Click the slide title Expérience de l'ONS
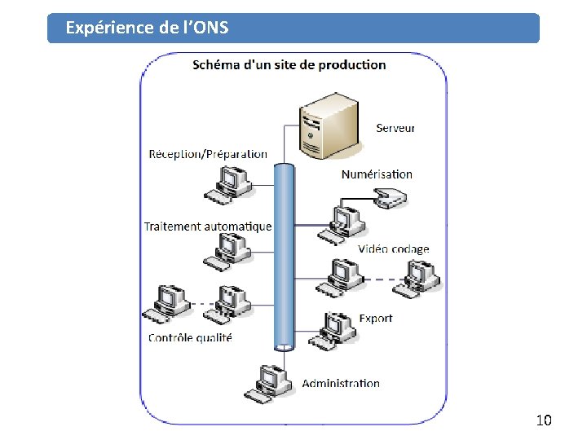coord(147,28)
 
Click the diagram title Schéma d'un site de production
coord(289,65)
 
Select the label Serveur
coord(395,127)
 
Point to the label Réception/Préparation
coord(208,153)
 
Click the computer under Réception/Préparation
coord(229,183)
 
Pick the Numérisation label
coord(377,174)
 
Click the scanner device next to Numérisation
coord(390,197)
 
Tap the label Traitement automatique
coord(208,226)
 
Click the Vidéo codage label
coord(393,249)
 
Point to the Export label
coord(376,318)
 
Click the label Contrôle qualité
coord(190,337)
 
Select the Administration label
coord(341,383)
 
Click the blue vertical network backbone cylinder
coord(284,257)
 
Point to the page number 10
coord(544,420)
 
